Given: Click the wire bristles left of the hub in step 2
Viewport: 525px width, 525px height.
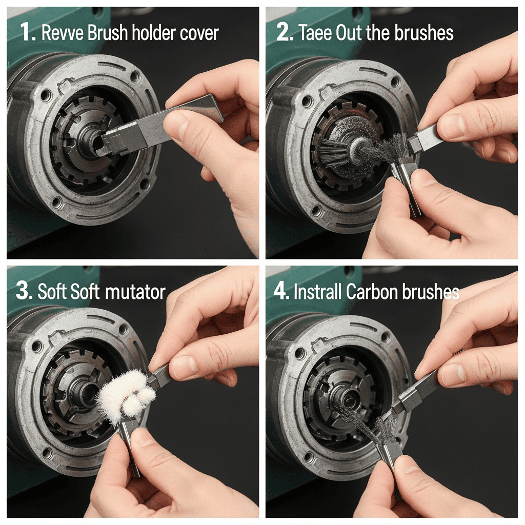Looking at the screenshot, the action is pyautogui.click(x=332, y=151).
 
